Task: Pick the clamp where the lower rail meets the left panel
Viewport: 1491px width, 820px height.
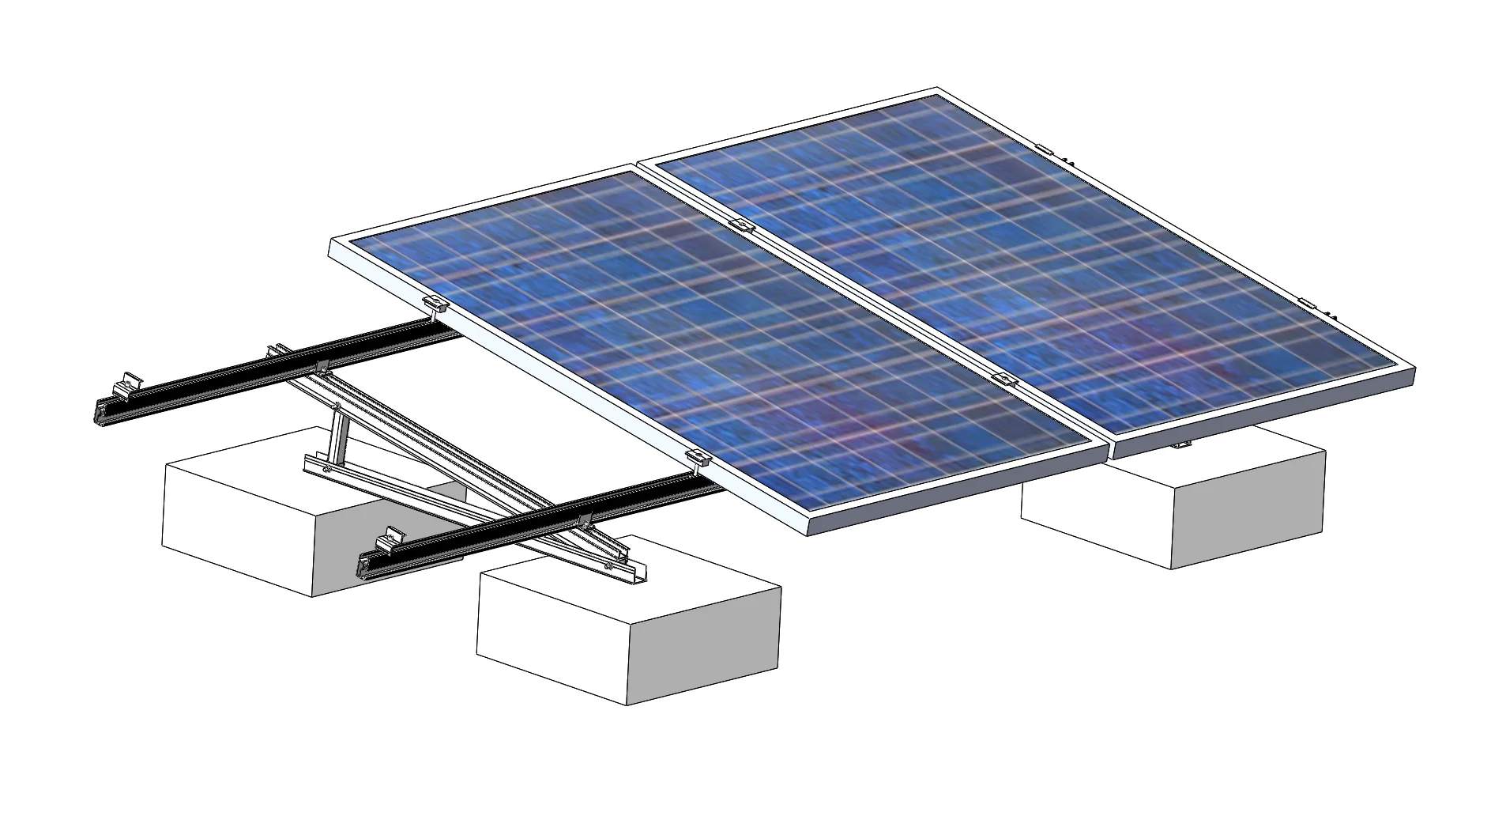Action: pyautogui.click(x=698, y=457)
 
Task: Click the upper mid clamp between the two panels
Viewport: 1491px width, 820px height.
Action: pyautogui.click(x=741, y=225)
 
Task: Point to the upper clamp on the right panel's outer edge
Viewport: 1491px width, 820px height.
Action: pyautogui.click(x=1045, y=149)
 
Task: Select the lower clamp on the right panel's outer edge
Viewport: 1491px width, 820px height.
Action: pyautogui.click(x=1307, y=304)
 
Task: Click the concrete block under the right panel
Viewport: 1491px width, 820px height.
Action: pyautogui.click(x=1173, y=506)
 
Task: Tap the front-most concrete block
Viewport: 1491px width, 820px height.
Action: pyautogui.click(x=628, y=633)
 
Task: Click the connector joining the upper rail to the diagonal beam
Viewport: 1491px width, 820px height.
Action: pyautogui.click(x=321, y=366)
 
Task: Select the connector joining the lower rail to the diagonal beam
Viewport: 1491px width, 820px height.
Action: pyautogui.click(x=584, y=521)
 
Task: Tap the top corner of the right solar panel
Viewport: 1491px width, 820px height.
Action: pyautogui.click(x=938, y=89)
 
